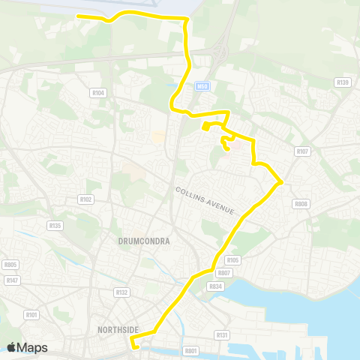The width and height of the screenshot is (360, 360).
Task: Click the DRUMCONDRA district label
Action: click(x=144, y=241)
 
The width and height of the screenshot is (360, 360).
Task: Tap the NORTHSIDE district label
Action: click(x=118, y=328)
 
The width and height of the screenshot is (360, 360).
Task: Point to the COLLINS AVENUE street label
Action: click(x=205, y=200)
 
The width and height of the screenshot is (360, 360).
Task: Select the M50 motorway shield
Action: click(x=201, y=86)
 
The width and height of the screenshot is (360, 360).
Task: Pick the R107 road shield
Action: click(x=301, y=151)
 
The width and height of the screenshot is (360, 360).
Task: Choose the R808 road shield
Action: click(x=301, y=203)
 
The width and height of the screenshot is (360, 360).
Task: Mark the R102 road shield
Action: click(x=85, y=199)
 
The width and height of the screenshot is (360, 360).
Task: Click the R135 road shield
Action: click(x=54, y=224)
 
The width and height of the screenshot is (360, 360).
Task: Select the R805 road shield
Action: click(x=10, y=264)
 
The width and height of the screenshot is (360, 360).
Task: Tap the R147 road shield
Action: click(x=12, y=280)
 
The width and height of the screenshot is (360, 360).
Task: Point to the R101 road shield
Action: click(x=31, y=314)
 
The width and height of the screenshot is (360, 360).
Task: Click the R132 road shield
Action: click(x=121, y=291)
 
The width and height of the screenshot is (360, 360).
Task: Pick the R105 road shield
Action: click(x=232, y=260)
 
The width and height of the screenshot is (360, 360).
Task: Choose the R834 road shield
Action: click(x=217, y=286)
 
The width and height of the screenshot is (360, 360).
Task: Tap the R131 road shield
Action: click(x=222, y=334)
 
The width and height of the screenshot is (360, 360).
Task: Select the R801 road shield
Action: click(x=191, y=349)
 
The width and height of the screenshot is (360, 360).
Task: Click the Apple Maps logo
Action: click(x=27, y=347)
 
